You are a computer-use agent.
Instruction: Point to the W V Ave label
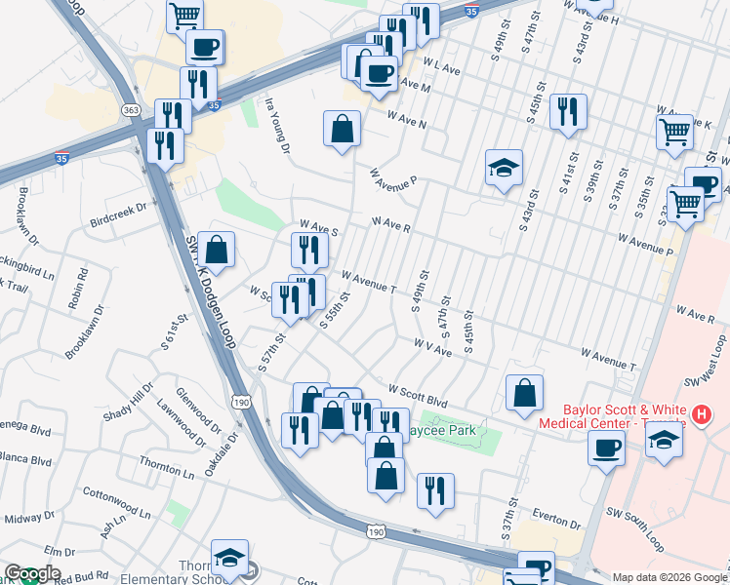tap(431, 346)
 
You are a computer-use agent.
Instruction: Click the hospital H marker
tap(700, 416)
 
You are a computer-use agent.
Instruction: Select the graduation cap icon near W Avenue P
tap(505, 169)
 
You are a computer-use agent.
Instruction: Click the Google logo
tap(31, 574)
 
